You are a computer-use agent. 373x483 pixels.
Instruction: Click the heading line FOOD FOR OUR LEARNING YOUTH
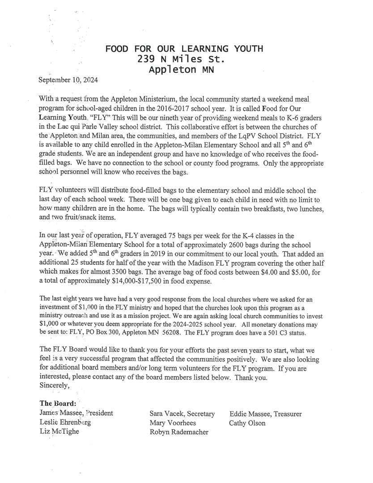(x=184, y=49)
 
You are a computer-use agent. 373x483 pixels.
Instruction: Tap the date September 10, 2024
(x=68, y=80)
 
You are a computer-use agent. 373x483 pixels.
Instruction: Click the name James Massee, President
(x=76, y=413)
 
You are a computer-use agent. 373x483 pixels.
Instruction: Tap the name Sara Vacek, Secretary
(x=182, y=414)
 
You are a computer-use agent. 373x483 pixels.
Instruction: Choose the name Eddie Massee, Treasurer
(x=266, y=414)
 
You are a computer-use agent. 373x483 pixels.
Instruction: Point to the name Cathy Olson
(x=247, y=423)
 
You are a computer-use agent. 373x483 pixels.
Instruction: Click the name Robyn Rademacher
(x=179, y=432)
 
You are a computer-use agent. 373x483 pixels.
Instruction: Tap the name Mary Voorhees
(x=173, y=423)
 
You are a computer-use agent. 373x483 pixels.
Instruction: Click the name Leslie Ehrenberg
(x=65, y=422)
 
